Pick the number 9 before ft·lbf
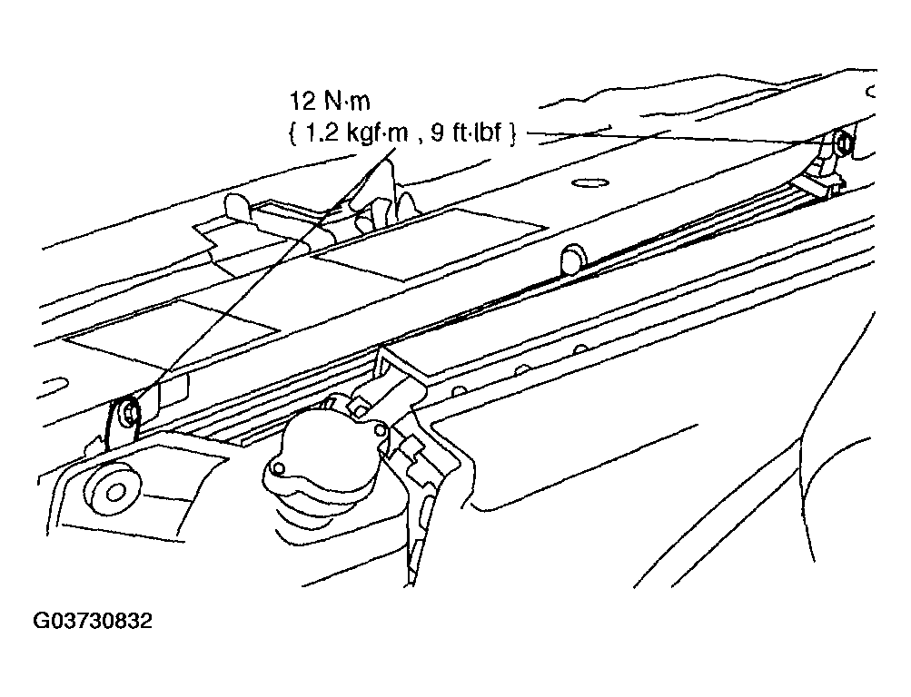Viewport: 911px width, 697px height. [439, 134]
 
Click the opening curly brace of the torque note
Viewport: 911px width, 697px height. [292, 134]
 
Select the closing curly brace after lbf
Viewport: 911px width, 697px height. [511, 134]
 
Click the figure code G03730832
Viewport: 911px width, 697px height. [94, 621]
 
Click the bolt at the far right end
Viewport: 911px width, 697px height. [844, 142]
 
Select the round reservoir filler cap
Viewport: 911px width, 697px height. [317, 446]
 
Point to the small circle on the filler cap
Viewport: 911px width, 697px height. [279, 467]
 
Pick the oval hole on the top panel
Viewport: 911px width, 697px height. [589, 183]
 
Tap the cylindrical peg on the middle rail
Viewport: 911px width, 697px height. [572, 259]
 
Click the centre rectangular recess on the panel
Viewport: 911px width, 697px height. [430, 244]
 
